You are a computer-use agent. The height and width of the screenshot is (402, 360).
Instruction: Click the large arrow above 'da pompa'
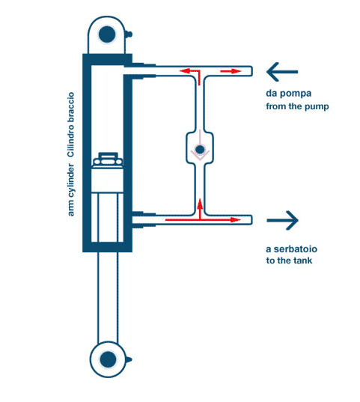tap(282, 72)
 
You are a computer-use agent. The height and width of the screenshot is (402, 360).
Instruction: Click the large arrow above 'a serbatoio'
tap(283, 220)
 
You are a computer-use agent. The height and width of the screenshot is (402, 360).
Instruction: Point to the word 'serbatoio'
tap(296, 249)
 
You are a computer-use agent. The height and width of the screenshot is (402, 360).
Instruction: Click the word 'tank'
tap(303, 261)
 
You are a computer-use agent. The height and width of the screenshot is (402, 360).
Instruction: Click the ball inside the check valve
tap(200, 149)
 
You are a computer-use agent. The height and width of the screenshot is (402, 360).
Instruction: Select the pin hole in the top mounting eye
tap(107, 34)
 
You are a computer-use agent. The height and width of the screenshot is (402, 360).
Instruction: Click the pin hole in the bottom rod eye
tap(108, 359)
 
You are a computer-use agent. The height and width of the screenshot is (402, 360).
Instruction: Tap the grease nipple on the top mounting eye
tap(129, 34)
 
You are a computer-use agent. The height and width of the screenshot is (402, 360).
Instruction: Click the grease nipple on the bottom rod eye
tap(129, 359)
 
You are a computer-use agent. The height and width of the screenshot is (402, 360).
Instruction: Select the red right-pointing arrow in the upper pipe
tap(231, 71)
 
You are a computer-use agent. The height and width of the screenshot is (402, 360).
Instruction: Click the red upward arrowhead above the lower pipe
tap(200, 204)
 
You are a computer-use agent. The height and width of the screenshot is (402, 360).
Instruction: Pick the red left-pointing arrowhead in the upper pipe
tap(185, 71)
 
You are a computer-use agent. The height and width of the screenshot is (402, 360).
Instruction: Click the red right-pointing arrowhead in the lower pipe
tap(235, 220)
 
